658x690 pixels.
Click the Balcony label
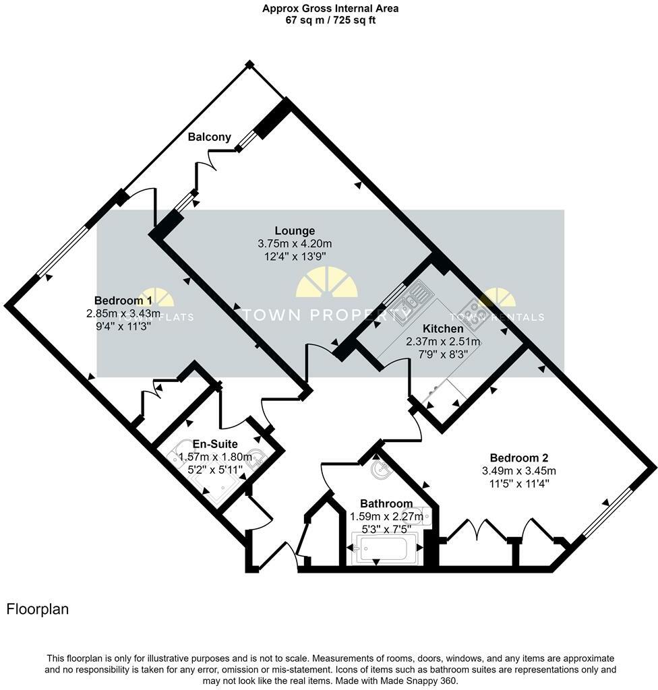209,137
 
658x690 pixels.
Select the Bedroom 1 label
123,301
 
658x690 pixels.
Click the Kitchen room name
443,329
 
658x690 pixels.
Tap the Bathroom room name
386,503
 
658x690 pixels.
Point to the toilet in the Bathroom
423,516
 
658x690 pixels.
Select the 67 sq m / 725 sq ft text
330,20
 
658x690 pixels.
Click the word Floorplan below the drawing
38,609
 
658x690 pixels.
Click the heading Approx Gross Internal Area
330,8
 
